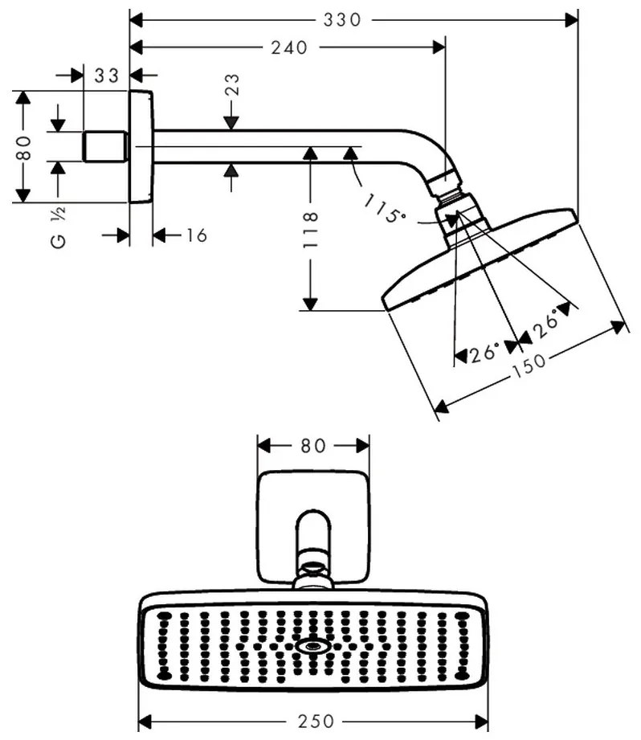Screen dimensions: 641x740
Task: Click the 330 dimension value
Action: point(342,20)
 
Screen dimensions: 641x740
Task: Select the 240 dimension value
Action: point(289,47)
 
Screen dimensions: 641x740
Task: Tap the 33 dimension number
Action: point(107,76)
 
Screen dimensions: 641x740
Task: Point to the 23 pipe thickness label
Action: point(232,85)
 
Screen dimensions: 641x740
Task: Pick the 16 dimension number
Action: point(197,235)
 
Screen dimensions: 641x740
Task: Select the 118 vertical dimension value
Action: point(311,231)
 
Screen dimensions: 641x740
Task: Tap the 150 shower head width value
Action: point(529,366)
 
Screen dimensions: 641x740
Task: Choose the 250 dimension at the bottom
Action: point(316,722)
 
